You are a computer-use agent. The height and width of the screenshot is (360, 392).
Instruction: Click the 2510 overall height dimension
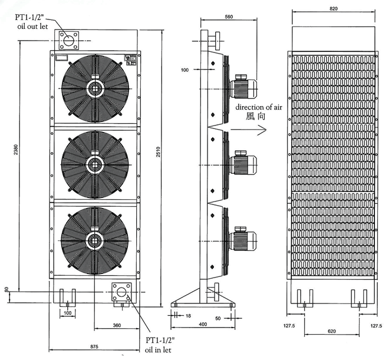[x=158, y=152]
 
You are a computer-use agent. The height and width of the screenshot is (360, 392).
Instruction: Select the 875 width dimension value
[x=94, y=346]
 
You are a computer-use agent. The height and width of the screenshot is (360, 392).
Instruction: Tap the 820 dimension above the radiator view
[x=334, y=9]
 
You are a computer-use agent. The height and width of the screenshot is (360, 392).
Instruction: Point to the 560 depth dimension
[x=229, y=16]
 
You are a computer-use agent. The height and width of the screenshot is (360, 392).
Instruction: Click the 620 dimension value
[x=331, y=331]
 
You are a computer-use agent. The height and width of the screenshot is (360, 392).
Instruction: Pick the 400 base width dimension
[x=203, y=324]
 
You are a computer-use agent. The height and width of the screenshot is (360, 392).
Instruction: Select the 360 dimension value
[x=117, y=325]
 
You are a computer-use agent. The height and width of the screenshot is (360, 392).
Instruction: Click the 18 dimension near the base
[x=188, y=316]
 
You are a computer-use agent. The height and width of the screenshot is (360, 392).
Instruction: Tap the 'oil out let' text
[x=32, y=27]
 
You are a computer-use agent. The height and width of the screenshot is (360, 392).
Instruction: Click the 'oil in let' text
[x=158, y=350]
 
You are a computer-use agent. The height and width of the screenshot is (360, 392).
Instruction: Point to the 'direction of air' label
[x=259, y=107]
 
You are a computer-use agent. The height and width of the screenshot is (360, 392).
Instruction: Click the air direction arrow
[x=248, y=130]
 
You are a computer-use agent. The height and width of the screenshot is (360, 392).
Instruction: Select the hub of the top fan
[x=95, y=88]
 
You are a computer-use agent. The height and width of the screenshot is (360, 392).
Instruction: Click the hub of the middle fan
[x=95, y=164]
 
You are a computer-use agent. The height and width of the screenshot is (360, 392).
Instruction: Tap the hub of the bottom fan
[x=95, y=240]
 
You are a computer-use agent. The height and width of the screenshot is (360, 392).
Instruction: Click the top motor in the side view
[x=243, y=87]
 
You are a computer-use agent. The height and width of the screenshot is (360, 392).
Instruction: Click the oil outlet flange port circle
[x=68, y=41]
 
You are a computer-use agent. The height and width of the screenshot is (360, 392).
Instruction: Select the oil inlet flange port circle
[x=121, y=292]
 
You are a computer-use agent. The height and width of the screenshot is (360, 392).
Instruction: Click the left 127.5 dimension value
[x=289, y=326]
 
